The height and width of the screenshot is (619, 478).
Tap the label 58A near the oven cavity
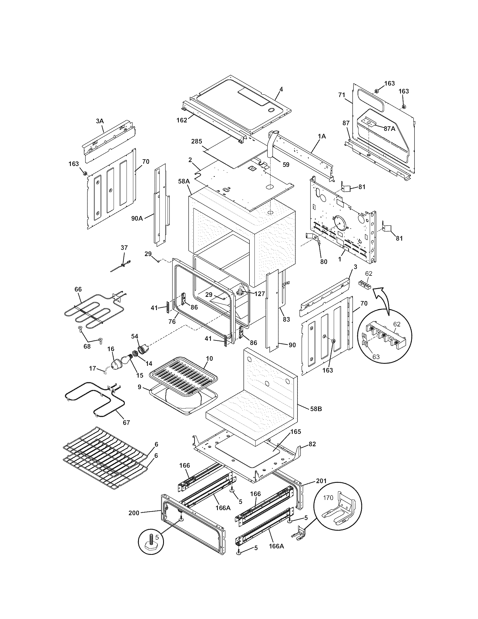click(x=184, y=181)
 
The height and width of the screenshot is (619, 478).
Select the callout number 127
click(x=260, y=294)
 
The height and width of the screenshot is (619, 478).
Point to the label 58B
click(x=316, y=409)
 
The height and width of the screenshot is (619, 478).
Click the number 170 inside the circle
click(x=328, y=497)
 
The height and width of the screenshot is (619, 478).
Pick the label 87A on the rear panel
click(x=389, y=128)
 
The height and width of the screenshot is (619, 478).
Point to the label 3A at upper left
click(x=100, y=121)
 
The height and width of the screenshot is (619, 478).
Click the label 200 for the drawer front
click(x=134, y=513)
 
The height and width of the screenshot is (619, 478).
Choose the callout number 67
click(x=126, y=431)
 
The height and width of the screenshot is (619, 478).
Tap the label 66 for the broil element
click(x=78, y=289)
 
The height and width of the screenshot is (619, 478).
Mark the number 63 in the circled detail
click(x=376, y=356)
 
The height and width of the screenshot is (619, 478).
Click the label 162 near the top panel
click(x=182, y=120)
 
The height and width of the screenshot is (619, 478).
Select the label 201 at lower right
click(x=321, y=481)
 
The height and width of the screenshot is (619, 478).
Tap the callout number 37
click(x=124, y=247)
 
